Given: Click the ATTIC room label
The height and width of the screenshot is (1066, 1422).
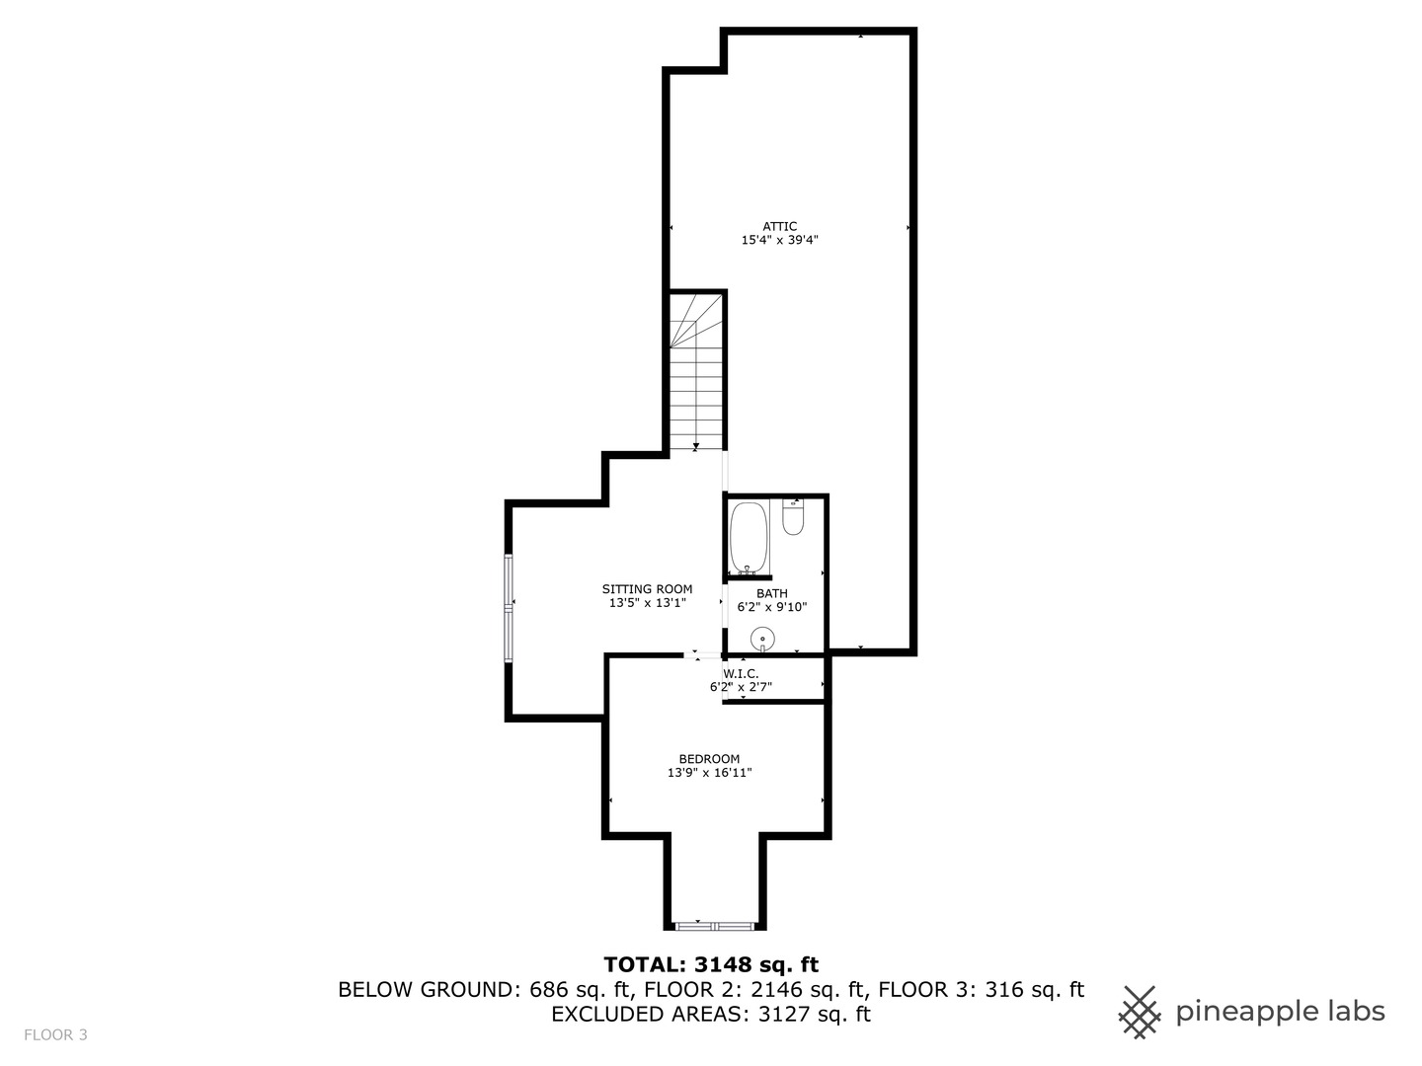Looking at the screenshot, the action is [x=779, y=227].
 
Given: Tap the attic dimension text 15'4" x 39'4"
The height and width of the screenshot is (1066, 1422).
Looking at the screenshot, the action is [x=779, y=240].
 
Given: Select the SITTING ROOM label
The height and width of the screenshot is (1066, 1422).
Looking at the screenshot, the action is [x=647, y=589].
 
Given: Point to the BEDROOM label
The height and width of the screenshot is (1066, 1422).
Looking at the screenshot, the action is [x=709, y=759].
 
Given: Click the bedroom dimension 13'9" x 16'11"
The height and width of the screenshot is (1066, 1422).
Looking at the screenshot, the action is [x=709, y=772].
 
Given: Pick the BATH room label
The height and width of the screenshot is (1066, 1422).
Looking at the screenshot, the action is [x=772, y=593].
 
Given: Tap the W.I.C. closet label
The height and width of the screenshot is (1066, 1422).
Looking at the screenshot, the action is [x=741, y=674].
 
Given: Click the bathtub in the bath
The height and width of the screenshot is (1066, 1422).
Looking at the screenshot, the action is [x=750, y=538].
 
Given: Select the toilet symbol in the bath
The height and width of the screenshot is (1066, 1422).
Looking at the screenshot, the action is [x=793, y=518].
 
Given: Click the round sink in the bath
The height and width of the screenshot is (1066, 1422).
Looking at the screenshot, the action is [x=762, y=640].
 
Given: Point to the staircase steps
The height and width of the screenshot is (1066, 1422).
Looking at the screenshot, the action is [x=696, y=372].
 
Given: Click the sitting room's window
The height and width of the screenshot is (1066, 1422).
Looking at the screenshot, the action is [x=510, y=608].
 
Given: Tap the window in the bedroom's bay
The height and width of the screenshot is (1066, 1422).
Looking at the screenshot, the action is [x=715, y=926].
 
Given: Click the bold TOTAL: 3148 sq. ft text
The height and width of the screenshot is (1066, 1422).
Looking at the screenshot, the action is [x=711, y=965].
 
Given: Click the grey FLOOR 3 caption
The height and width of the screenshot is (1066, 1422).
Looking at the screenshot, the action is [x=55, y=1035].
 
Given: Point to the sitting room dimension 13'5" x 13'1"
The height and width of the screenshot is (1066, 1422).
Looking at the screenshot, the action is [x=647, y=602].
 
